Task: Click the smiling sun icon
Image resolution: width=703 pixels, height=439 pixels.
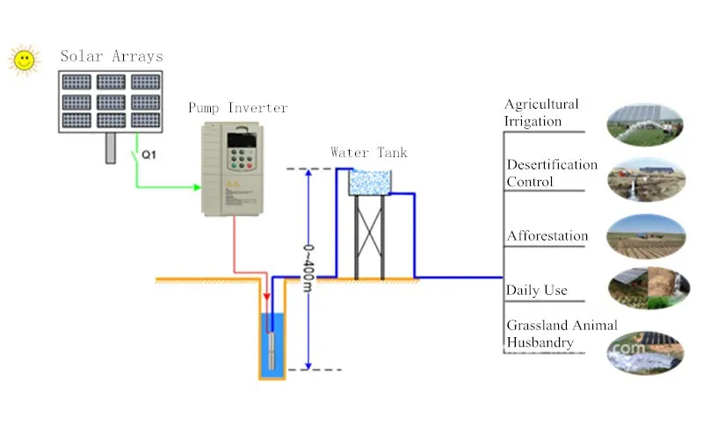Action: (x=24, y=59)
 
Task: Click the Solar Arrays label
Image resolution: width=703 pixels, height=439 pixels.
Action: (x=112, y=56)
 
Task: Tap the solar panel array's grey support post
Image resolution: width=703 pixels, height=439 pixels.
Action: (x=110, y=148)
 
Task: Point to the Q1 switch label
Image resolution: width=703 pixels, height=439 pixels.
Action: (x=149, y=156)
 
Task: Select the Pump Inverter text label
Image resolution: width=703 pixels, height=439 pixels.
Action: (x=238, y=108)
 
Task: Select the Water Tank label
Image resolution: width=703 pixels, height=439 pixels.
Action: (x=369, y=152)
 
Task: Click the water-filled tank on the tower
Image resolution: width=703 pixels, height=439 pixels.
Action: (x=369, y=183)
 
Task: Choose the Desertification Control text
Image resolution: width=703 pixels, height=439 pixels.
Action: (x=552, y=173)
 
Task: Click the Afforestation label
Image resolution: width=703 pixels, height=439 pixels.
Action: (x=547, y=236)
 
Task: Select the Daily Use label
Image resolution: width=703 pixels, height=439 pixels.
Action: (x=537, y=290)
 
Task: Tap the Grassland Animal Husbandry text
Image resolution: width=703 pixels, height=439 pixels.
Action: (x=562, y=334)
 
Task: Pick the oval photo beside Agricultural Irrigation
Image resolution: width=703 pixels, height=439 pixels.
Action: (x=646, y=122)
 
